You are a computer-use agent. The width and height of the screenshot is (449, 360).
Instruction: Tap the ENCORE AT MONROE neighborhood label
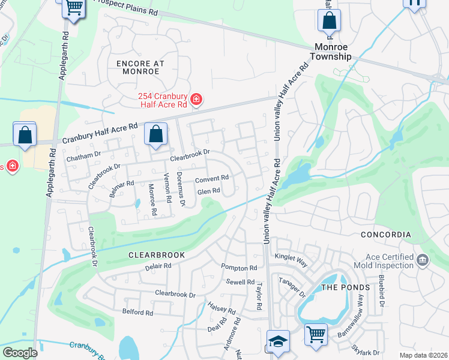point(137,67)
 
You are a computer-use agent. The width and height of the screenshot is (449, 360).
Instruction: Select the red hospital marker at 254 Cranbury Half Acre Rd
point(196,99)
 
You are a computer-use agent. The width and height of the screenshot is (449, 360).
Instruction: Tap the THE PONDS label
point(346,287)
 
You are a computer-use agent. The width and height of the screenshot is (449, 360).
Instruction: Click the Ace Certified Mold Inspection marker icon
point(423,260)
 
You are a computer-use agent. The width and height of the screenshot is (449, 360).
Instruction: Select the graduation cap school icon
point(278,342)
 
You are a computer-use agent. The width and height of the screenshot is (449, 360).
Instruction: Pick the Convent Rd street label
point(212,178)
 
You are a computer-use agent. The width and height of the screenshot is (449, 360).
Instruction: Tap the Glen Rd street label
point(208,191)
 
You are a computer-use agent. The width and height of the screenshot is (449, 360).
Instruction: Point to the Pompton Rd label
point(239,268)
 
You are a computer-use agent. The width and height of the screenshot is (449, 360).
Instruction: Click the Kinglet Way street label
point(291,256)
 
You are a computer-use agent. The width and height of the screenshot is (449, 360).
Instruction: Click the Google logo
point(20,353)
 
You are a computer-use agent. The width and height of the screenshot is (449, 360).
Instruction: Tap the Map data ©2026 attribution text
point(423,355)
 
